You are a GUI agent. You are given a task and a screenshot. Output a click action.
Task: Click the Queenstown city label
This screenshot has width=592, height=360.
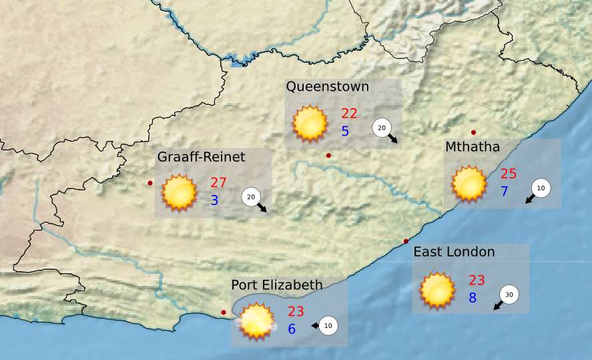click(327, 87)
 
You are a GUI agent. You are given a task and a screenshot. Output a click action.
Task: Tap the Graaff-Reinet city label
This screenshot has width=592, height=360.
click(202, 157)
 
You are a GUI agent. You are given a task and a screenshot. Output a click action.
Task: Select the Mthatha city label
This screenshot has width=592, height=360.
click(473, 147)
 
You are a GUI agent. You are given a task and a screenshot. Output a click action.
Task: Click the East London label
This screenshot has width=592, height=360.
click(454, 252)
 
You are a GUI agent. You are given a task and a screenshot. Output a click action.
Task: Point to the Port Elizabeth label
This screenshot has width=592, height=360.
click(277, 285)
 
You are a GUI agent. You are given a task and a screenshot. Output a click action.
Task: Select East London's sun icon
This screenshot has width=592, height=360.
click(437, 290)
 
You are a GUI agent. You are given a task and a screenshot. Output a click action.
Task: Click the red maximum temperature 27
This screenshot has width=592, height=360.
click(219, 183)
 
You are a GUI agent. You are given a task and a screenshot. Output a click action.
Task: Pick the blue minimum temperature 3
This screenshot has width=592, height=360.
click(215, 200)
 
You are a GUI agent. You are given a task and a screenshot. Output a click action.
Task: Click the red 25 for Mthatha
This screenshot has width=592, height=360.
click(509, 174)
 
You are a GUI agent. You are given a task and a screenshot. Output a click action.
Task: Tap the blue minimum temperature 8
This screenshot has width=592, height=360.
click(473, 298)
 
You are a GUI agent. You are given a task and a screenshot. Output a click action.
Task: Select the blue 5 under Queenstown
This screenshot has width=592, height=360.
click(345, 132)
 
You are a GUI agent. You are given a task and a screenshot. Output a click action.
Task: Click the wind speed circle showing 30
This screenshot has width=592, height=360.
click(509, 295)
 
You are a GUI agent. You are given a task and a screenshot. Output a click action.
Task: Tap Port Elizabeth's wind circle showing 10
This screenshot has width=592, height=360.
click(328, 326)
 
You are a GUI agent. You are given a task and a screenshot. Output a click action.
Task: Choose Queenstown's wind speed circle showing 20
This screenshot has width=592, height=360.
click(382, 128)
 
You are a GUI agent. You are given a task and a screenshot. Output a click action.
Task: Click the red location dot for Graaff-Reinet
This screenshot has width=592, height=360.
click(150, 183)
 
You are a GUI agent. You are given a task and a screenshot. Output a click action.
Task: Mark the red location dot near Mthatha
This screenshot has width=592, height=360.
click(474, 132)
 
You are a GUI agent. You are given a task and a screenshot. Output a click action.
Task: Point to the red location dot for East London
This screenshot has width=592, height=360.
click(406, 241)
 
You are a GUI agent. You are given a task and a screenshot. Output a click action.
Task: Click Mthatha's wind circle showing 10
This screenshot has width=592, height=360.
click(541, 189)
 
